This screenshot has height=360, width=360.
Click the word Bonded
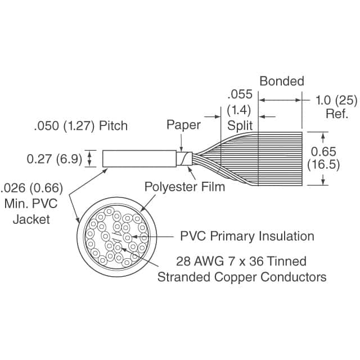click(282, 81)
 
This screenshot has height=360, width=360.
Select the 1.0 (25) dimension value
click(336, 100)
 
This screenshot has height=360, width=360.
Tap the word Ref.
click(337, 114)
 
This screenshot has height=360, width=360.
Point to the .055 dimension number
click(240, 94)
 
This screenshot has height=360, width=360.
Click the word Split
click(240, 125)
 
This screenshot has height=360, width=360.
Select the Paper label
click(183, 125)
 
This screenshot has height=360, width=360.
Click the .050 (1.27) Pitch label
click(81, 126)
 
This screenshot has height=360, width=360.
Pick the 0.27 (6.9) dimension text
click(55, 159)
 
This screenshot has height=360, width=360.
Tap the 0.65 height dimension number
click(323, 151)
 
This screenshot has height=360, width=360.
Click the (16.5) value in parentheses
click(323, 165)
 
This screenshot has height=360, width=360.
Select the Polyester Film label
click(185, 187)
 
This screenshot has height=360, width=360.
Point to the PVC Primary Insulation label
click(247, 236)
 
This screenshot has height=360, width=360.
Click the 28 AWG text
click(200, 261)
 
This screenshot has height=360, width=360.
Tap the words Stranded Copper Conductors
click(242, 277)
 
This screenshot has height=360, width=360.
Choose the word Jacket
click(31, 219)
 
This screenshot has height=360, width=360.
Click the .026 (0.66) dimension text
click(31, 188)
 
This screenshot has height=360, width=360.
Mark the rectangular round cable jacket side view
click(139, 159)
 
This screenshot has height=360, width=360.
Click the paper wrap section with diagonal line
click(184, 159)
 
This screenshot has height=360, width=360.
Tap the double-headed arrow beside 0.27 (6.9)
click(90, 159)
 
